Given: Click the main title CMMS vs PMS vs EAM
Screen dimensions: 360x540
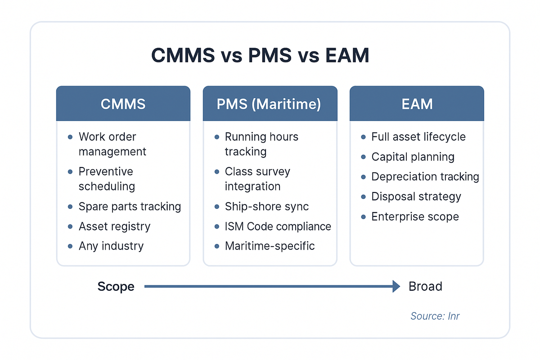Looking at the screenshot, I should (260, 55).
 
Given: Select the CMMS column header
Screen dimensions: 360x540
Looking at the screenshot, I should (123, 104).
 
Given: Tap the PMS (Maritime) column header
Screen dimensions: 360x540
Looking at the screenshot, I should (269, 104).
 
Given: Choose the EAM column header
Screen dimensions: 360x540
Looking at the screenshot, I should (417, 104).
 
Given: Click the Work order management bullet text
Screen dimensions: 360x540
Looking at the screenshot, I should (112, 144).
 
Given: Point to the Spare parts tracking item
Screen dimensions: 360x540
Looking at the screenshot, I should (130, 207).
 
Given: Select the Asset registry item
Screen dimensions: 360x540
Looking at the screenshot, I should (114, 226).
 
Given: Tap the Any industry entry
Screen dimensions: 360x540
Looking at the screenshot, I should (111, 246).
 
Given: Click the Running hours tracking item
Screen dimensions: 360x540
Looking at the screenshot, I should (261, 144).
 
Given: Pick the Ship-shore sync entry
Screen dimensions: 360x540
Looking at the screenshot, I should (267, 207).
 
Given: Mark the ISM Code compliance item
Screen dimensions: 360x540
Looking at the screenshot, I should (278, 226).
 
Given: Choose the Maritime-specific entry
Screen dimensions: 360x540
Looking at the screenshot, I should (270, 246).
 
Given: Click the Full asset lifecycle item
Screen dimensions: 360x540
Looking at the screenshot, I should (418, 137).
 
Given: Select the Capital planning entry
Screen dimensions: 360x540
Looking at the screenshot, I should (413, 157).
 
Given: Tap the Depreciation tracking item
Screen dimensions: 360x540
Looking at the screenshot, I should (425, 177).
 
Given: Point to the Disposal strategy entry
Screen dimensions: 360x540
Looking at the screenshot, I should (416, 197).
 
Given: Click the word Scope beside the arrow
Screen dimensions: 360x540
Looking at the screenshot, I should (116, 287).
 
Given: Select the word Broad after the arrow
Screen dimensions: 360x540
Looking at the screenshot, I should (425, 286).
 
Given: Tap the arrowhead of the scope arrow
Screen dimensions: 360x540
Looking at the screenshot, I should (396, 286).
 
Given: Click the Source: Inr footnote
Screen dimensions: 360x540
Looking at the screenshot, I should (435, 316).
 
